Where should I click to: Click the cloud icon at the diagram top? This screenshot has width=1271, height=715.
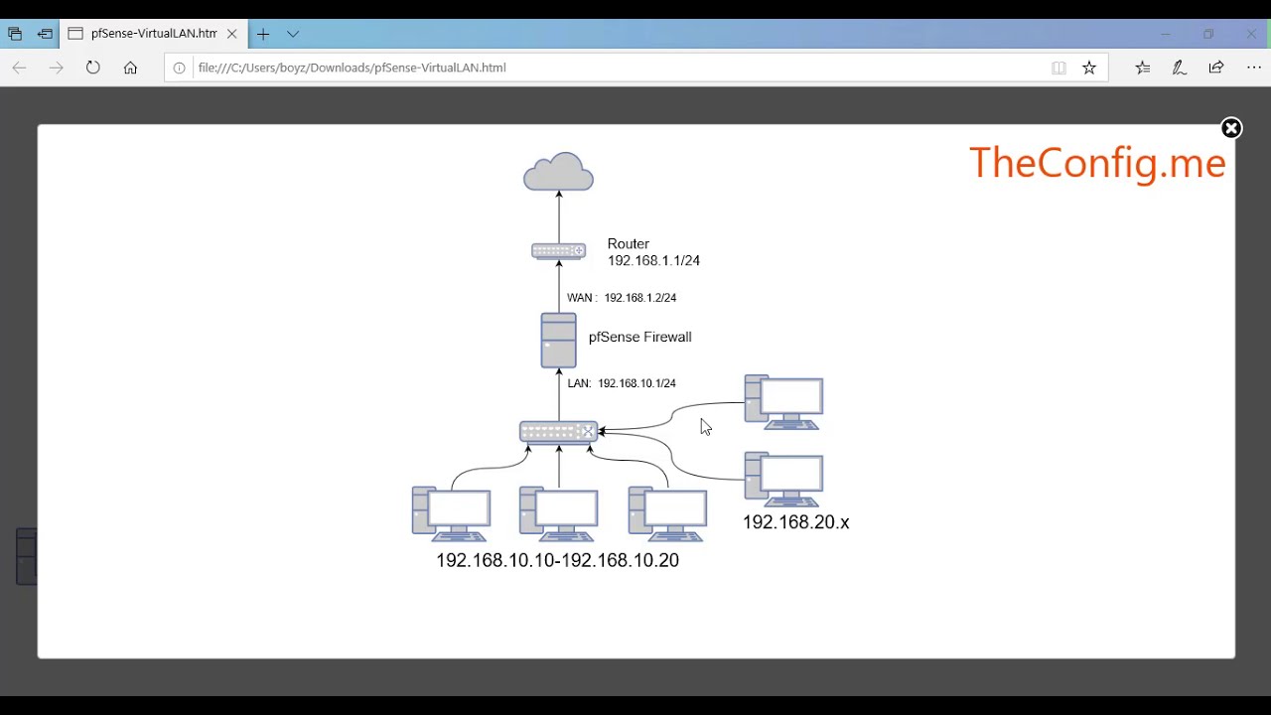tap(558, 172)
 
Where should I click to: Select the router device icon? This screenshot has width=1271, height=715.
tap(558, 251)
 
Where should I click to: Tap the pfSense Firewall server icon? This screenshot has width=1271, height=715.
tap(558, 341)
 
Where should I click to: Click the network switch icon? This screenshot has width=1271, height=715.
tap(558, 432)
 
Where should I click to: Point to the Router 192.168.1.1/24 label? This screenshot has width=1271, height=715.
tap(653, 252)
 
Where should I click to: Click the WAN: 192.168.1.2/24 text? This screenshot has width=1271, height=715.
tap(622, 298)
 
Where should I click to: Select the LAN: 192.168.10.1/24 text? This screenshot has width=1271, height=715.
tap(622, 383)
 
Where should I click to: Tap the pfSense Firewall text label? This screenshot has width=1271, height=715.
tap(639, 338)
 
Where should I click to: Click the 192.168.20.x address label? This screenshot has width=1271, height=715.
tap(795, 522)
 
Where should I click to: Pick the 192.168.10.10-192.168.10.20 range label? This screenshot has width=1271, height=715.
tap(557, 561)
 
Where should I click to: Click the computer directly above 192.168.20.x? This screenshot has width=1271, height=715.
tap(783, 480)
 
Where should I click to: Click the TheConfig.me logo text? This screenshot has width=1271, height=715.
tap(1097, 163)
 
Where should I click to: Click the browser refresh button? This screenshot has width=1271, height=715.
tap(93, 68)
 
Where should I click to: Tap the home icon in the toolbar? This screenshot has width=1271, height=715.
tap(130, 68)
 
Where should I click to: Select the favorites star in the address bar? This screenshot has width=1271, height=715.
tap(1089, 68)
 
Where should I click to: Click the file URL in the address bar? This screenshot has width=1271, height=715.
tap(352, 68)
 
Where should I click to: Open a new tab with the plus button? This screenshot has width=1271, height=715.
tap(263, 34)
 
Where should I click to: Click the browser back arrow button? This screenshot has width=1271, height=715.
tap(19, 68)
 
